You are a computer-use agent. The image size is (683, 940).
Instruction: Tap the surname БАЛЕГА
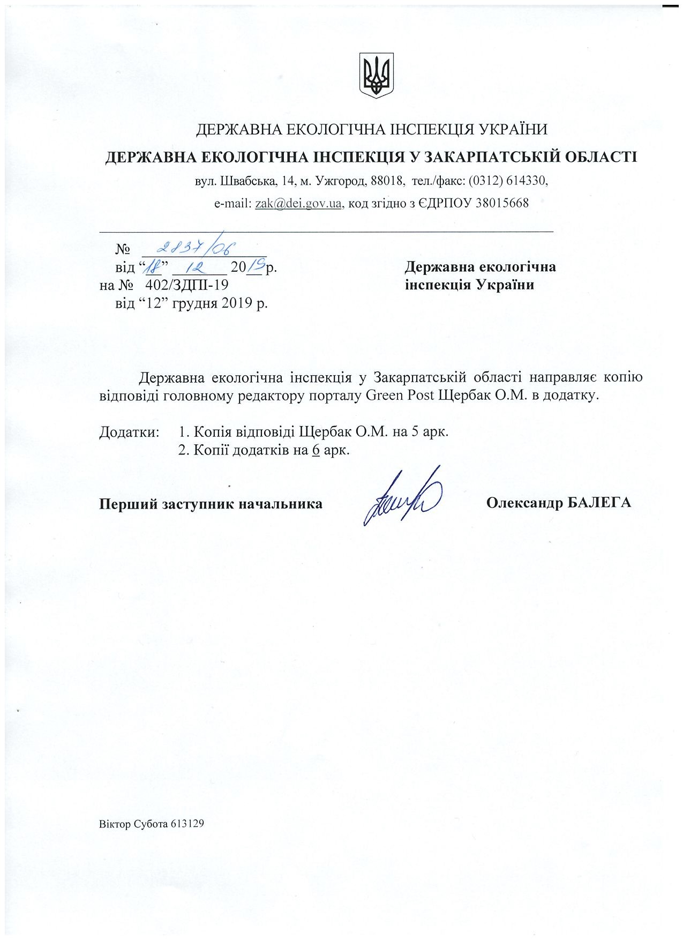[598, 503]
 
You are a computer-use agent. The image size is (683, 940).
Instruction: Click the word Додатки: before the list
[130, 431]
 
